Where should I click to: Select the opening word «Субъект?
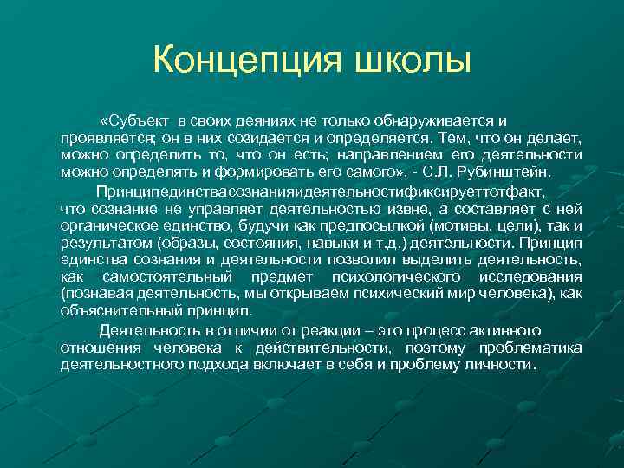point(133,120)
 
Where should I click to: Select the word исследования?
point(530,277)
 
